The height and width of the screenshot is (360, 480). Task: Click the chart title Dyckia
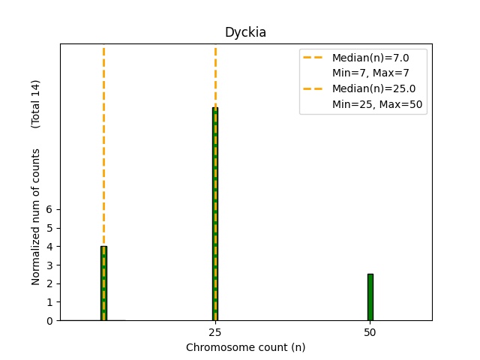tap(245, 33)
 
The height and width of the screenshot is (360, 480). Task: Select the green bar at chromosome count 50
tap(370, 297)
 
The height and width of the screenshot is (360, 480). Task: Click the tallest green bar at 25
tap(215, 214)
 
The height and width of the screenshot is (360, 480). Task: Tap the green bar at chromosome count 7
tap(103, 283)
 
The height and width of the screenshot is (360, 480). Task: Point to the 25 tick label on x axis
tap(214, 331)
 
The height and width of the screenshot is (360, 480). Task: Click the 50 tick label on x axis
tap(370, 331)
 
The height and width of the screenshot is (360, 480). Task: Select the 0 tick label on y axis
tap(49, 321)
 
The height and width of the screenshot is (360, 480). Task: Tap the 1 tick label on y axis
tap(49, 302)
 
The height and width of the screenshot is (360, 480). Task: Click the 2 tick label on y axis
tap(49, 283)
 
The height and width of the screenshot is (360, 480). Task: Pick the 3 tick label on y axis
tap(49, 265)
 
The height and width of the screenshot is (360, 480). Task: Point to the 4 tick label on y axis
tap(49, 247)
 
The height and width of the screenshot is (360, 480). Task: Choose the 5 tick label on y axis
tap(49, 228)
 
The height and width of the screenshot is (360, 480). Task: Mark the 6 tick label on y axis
tap(49, 209)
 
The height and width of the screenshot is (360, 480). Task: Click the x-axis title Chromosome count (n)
tap(245, 347)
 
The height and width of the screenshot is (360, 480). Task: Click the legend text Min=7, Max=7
tap(370, 73)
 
